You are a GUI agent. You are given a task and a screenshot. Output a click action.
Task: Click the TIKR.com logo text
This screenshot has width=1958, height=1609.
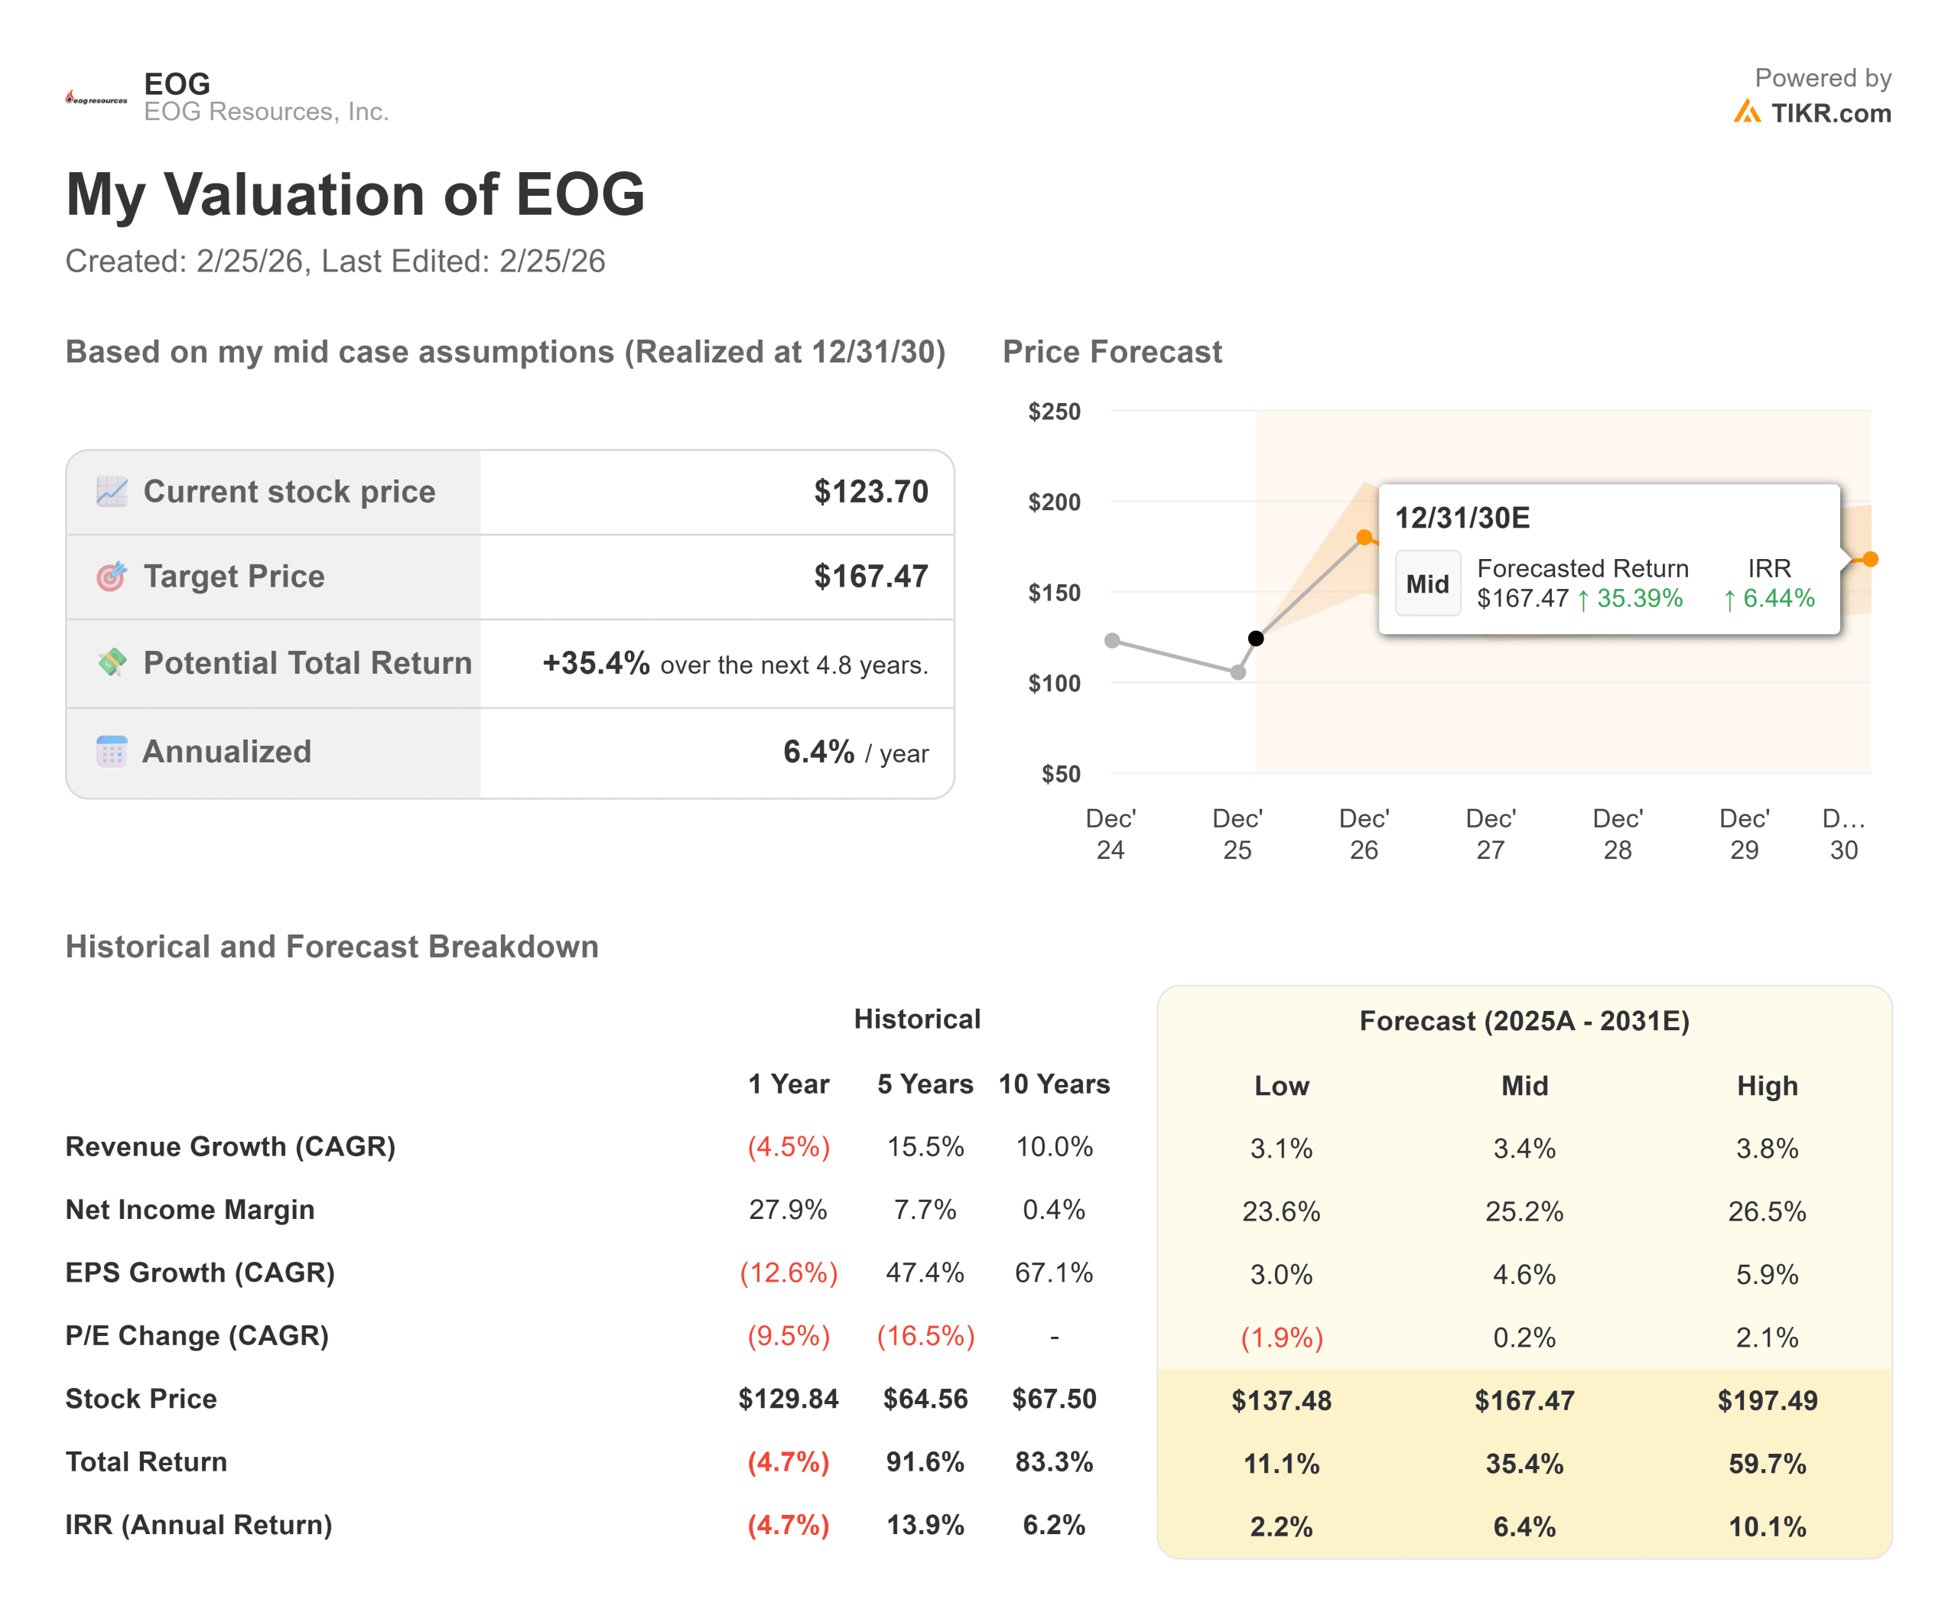click(x=1830, y=113)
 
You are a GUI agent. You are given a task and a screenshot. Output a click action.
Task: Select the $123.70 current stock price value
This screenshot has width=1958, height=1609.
click(x=870, y=491)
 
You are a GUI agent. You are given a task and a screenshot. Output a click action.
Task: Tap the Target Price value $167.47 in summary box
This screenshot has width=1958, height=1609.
click(x=870, y=577)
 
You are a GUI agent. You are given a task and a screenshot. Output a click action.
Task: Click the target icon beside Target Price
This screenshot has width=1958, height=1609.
click(x=111, y=577)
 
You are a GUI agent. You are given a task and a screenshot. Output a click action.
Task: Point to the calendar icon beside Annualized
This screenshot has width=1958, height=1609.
click(x=111, y=752)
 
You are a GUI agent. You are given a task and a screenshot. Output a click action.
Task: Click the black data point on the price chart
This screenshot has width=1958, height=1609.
click(x=1255, y=639)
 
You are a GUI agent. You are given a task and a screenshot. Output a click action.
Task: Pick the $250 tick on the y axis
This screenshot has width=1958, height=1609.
click(x=1054, y=411)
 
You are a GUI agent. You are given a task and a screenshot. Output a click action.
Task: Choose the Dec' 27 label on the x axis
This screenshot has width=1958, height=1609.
click(x=1490, y=834)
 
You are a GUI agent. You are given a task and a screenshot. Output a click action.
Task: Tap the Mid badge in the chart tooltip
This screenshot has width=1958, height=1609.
click(x=1426, y=584)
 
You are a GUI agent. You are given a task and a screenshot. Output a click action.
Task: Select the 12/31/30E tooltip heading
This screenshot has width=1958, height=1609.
click(x=1462, y=518)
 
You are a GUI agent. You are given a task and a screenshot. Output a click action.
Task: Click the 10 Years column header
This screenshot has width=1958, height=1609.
click(x=1054, y=1084)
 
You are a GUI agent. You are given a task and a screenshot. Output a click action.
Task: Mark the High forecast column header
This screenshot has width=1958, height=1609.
click(x=1767, y=1086)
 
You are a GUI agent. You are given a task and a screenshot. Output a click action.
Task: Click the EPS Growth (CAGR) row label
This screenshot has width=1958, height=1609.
click(x=200, y=1273)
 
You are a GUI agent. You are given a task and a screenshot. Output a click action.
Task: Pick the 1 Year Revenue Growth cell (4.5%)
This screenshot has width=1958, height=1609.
click(x=788, y=1147)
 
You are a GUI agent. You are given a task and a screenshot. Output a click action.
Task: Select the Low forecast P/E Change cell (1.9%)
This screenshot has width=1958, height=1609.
click(x=1281, y=1338)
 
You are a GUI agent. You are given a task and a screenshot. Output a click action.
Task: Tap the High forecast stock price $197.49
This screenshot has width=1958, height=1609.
click(x=1767, y=1400)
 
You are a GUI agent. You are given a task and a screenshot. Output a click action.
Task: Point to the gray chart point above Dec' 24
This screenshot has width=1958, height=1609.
click(x=1111, y=640)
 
